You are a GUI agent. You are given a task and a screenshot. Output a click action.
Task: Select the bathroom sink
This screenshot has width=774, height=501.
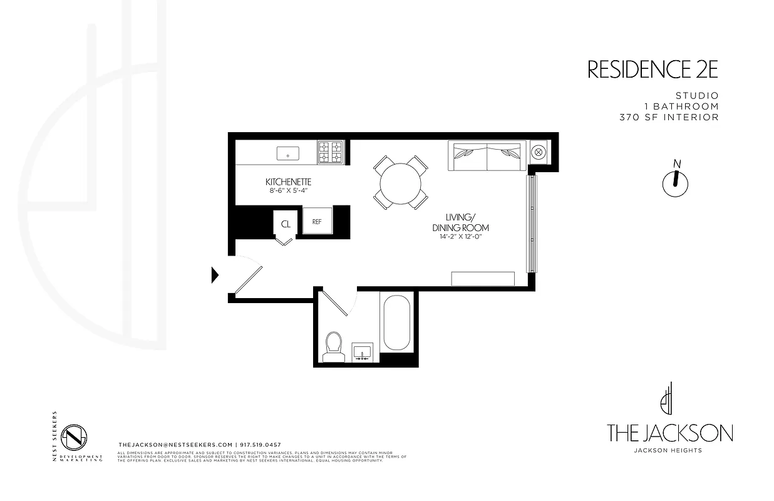363,353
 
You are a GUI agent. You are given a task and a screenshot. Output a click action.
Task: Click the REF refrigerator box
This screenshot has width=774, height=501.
317,221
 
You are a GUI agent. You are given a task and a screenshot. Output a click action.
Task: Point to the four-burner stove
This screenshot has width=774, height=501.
331,152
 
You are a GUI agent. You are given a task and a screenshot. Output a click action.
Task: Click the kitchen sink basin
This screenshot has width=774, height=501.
289,152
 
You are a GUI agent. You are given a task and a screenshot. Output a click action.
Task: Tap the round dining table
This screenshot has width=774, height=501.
401,182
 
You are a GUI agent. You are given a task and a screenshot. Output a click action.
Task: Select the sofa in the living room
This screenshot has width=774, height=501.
486,157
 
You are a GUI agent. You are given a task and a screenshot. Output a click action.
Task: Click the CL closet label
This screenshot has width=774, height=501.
286,224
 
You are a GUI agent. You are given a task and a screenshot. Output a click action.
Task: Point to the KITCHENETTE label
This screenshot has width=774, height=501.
289,182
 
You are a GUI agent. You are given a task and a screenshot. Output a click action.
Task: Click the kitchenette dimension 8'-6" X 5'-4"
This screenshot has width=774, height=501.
288,191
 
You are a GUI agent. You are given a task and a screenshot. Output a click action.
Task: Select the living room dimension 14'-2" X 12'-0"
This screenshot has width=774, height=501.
460,237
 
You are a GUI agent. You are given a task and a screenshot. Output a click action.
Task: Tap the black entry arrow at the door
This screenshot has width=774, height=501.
215,274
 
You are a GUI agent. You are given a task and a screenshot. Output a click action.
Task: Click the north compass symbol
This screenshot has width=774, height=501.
675,180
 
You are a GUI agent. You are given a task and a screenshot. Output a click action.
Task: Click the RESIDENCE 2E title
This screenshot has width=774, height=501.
652,70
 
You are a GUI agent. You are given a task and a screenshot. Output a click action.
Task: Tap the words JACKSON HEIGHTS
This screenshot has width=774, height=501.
668,450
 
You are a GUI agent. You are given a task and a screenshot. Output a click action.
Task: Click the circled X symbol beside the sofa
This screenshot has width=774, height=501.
538,152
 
